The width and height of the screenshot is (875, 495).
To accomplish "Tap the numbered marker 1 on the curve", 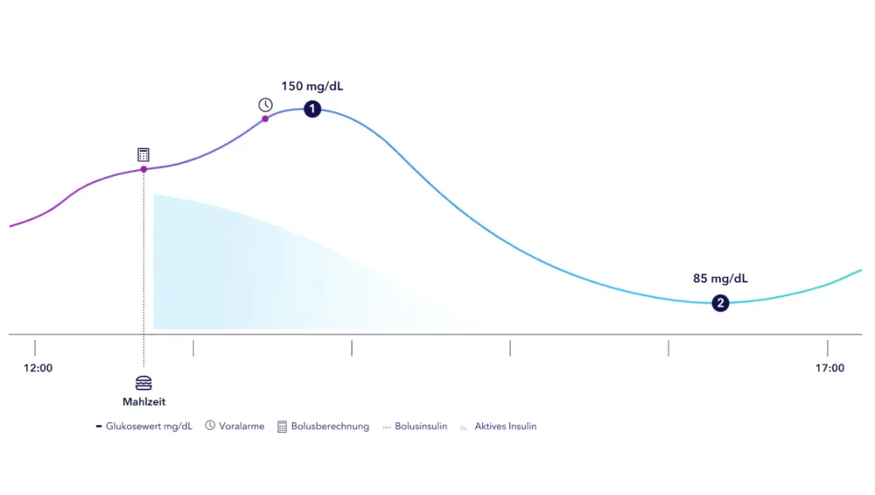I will tap(312, 109).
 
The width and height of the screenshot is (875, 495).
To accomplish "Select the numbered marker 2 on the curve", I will tap(720, 303).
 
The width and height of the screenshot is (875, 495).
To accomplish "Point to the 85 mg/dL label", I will tap(720, 279).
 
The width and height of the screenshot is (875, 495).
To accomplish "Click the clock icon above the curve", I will tap(265, 105).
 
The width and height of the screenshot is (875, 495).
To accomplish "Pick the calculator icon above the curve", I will tap(143, 154).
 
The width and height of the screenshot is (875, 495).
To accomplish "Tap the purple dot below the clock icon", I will tap(265, 118).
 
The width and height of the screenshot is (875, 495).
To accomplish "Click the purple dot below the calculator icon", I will tap(143, 169).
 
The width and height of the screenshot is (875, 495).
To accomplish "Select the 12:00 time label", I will tap(38, 368).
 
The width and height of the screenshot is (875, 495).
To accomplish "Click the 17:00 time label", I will tap(829, 368).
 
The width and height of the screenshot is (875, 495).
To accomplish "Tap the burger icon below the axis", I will tap(143, 383).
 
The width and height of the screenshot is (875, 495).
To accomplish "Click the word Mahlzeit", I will tap(143, 402).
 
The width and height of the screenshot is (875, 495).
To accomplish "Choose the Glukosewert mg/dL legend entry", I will tap(149, 427).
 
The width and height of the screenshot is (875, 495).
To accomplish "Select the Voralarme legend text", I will tap(241, 427).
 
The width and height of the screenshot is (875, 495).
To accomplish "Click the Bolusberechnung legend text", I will tap(330, 427).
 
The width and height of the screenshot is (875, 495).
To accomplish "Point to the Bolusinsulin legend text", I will tap(421, 427).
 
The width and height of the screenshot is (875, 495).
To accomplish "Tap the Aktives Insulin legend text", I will tap(506, 427).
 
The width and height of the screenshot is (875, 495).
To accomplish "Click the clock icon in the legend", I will tap(210, 427).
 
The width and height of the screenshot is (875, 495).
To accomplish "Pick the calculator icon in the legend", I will tap(282, 427).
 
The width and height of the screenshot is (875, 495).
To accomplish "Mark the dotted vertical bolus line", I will tap(143, 263).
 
